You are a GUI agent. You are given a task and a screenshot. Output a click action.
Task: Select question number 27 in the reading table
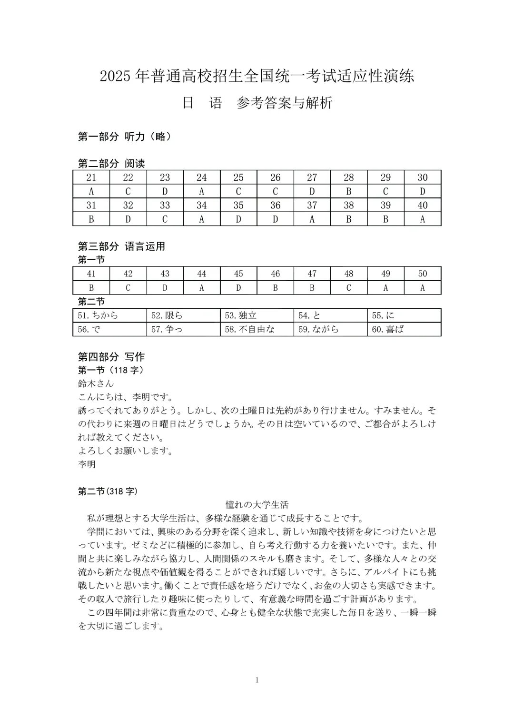pyautogui.click(x=312, y=177)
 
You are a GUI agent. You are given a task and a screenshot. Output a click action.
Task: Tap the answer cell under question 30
pyautogui.click(x=422, y=191)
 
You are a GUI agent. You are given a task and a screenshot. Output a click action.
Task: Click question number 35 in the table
pyautogui.click(x=238, y=205)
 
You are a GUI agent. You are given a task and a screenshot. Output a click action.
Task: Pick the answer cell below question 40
pyautogui.click(x=422, y=219)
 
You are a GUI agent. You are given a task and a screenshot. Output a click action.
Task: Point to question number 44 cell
pyautogui.click(x=202, y=274)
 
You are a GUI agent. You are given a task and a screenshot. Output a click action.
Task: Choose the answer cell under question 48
pyautogui.click(x=349, y=287)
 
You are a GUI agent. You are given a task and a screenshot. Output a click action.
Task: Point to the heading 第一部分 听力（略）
pyautogui.click(x=124, y=137)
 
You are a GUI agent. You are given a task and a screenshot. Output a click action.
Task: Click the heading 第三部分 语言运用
pyautogui.click(x=121, y=246)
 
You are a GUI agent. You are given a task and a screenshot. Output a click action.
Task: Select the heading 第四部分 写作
pyautogui.click(x=111, y=357)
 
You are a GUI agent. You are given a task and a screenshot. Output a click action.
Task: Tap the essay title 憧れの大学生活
pyautogui.click(x=257, y=505)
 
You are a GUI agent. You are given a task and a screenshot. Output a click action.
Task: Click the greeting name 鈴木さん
pyautogui.click(x=96, y=383)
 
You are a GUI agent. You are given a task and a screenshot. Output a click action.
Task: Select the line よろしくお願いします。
pyautogui.click(x=125, y=451)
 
